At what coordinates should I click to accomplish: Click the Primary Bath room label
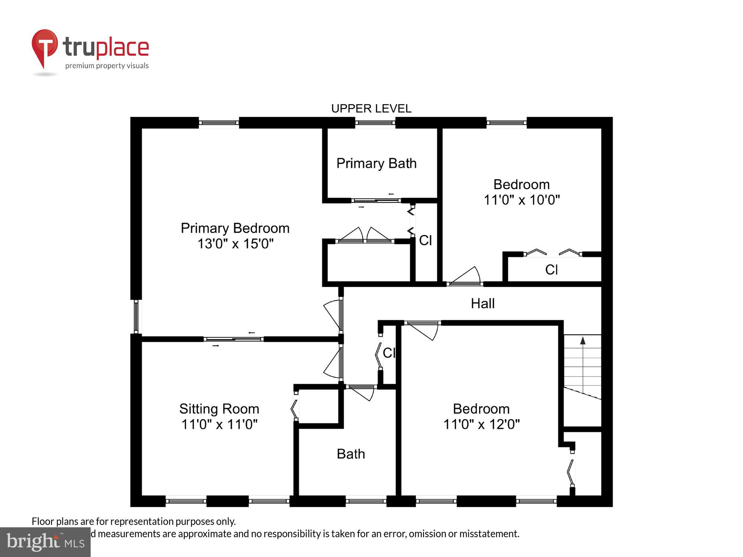(376, 163)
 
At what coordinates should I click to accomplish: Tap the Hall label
(483, 303)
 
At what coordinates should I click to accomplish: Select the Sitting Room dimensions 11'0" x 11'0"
(219, 424)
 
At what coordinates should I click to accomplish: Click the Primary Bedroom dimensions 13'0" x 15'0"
(235, 244)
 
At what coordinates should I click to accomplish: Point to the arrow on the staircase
(583, 341)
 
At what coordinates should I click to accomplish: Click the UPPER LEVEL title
(371, 108)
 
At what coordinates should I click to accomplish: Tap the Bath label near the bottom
(351, 454)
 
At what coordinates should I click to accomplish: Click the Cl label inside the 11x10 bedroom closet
(551, 270)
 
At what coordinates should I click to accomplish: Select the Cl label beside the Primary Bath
(425, 240)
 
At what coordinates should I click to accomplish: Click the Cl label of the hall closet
(389, 353)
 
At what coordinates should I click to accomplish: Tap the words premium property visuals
(107, 66)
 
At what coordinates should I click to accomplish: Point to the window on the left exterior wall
(136, 317)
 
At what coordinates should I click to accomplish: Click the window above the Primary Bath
(375, 123)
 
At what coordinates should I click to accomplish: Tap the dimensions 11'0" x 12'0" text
(481, 424)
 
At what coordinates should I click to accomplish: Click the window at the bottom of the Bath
(366, 501)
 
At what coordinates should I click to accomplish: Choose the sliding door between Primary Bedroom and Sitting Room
(233, 339)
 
